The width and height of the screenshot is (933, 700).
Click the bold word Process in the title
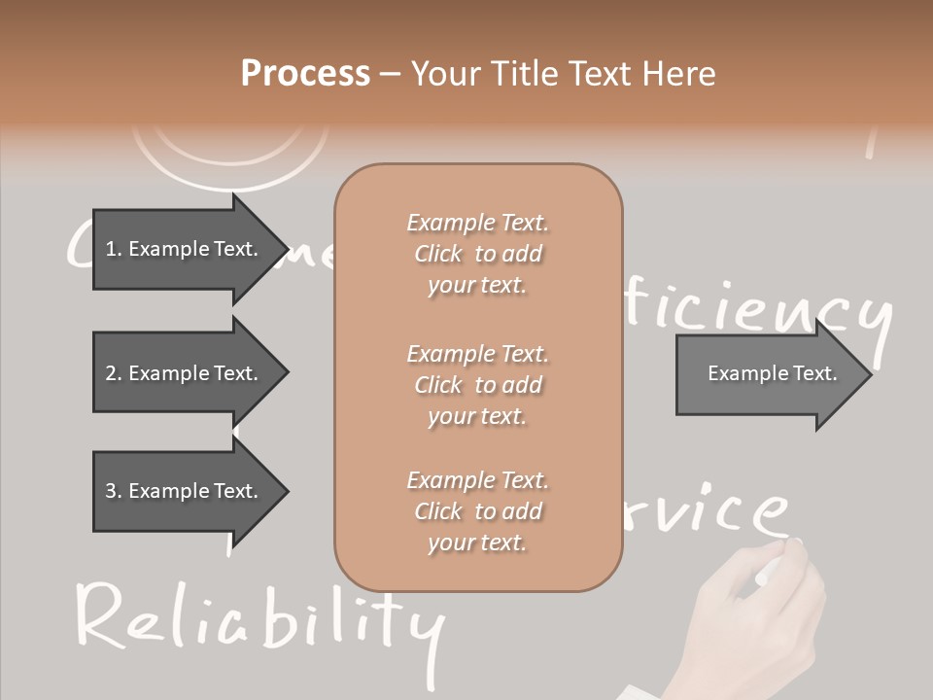coord(305,74)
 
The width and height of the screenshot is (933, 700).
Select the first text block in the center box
coord(477,254)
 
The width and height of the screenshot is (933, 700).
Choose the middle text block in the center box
coord(477,385)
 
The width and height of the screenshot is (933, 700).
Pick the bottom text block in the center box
coord(477,511)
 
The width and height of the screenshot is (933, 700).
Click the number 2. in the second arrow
coord(113,373)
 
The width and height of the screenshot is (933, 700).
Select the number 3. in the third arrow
coord(113,491)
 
